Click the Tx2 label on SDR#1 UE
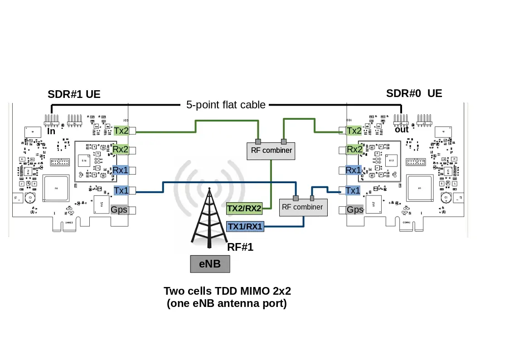tap(121, 131)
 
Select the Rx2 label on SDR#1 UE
tap(121, 149)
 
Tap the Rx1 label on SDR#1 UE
tap(121, 170)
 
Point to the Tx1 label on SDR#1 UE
tap(121, 190)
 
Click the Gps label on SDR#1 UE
tap(119, 209)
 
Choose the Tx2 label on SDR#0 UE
tap(354, 131)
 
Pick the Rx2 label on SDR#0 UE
tap(354, 149)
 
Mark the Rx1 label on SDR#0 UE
tap(354, 170)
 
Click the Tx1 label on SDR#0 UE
tap(353, 190)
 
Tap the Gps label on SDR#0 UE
tap(355, 209)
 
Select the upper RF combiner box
tap(271, 150)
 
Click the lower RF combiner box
tap(302, 207)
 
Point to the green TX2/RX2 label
tap(244, 209)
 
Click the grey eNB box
tap(210, 263)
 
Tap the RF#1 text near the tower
tap(240, 247)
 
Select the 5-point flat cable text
tap(226, 105)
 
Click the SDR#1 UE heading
tap(74, 94)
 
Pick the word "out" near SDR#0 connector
tap(402, 129)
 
